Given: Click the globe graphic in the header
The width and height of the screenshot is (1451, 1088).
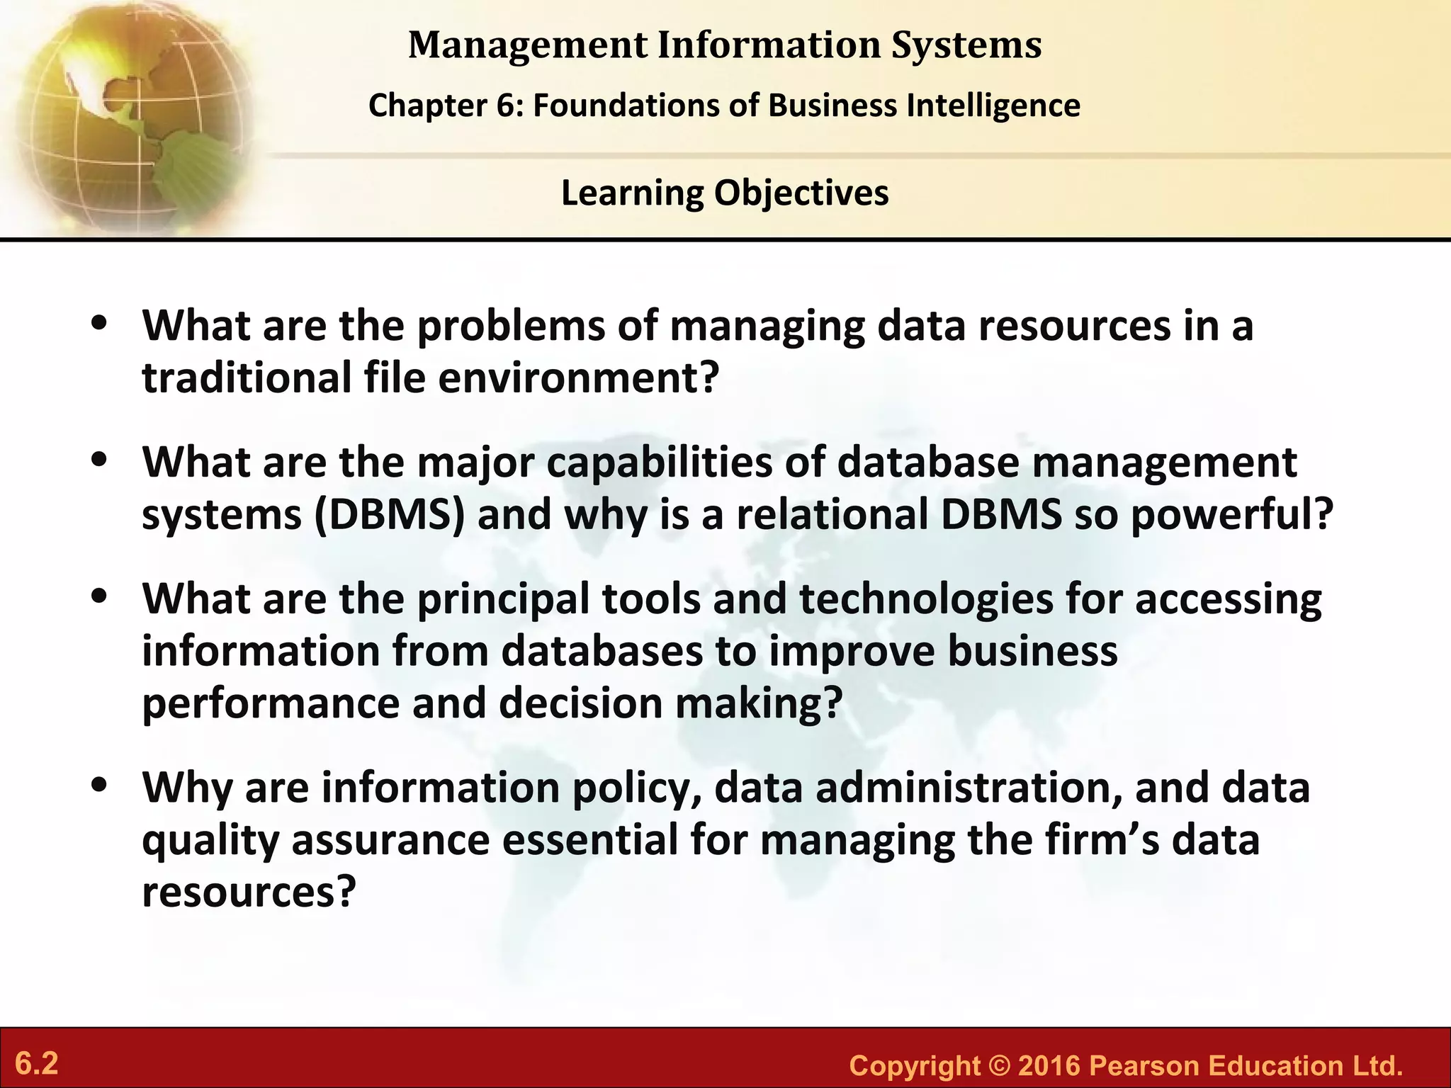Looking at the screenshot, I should [128, 113].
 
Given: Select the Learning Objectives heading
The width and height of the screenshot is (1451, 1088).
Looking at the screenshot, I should [725, 193].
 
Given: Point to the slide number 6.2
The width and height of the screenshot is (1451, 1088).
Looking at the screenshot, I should [37, 1064].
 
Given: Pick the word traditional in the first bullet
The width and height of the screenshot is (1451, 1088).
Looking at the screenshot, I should [246, 378].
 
